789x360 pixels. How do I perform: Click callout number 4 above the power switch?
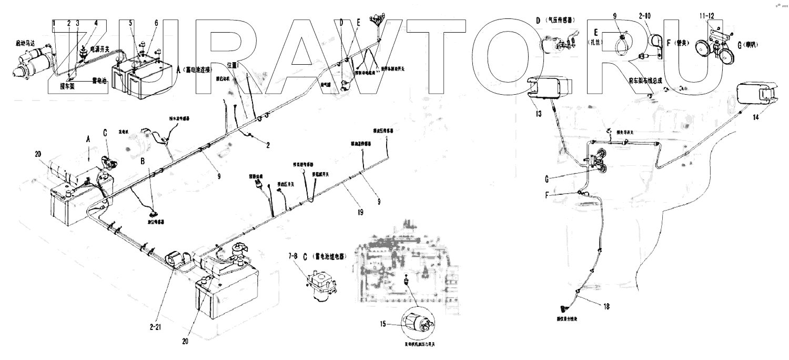pos(96,23)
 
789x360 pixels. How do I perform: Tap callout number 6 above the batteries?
pos(156,23)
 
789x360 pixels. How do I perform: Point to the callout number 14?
pos(755,117)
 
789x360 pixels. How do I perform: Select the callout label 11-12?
pos(706,15)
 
